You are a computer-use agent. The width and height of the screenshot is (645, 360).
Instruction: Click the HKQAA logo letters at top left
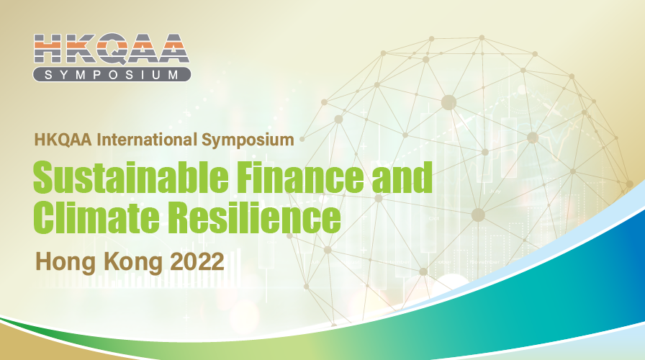(112, 50)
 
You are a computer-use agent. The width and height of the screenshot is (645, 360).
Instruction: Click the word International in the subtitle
(137, 139)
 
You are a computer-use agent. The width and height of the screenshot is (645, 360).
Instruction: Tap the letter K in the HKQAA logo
(80, 50)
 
